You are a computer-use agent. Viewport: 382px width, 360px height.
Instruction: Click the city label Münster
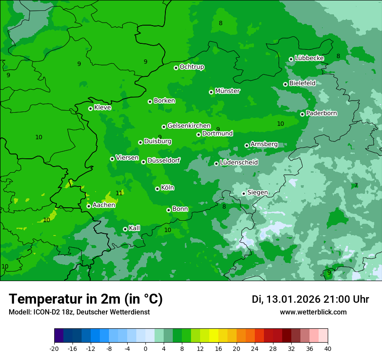pos(227,91)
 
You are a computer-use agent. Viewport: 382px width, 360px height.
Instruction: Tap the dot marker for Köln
pos(157,189)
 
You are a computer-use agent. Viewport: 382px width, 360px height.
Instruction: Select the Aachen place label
pos(104,205)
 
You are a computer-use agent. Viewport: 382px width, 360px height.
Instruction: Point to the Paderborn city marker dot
pos(302,114)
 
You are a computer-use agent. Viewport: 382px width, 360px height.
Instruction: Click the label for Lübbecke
pos(309,58)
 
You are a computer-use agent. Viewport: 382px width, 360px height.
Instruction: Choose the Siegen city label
pos(257,193)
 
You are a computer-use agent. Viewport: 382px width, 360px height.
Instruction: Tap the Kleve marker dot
pos(90,108)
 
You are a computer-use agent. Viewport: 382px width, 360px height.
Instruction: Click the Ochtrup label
pos(191,67)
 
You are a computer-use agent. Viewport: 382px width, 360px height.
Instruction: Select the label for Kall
pos(135,228)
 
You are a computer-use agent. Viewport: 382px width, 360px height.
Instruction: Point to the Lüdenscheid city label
pos(239,163)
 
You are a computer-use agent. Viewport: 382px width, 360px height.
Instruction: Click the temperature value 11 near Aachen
pos(119,193)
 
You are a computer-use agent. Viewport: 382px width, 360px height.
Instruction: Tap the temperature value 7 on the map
pos(356,185)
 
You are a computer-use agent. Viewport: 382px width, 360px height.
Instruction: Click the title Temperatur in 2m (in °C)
pos(86,299)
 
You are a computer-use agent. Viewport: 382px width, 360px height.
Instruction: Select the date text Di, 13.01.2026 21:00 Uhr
pos(310,299)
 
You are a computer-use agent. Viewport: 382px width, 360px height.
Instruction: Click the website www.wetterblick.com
pos(313,312)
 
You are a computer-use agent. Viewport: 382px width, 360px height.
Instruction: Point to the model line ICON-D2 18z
pos(79,312)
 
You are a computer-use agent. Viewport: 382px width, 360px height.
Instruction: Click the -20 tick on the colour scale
pos(54,349)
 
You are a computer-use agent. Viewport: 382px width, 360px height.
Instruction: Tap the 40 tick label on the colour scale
pos(328,349)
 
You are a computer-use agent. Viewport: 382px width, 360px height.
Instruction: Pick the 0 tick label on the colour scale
pos(145,349)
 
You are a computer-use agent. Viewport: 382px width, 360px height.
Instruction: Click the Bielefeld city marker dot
pos(285,84)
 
